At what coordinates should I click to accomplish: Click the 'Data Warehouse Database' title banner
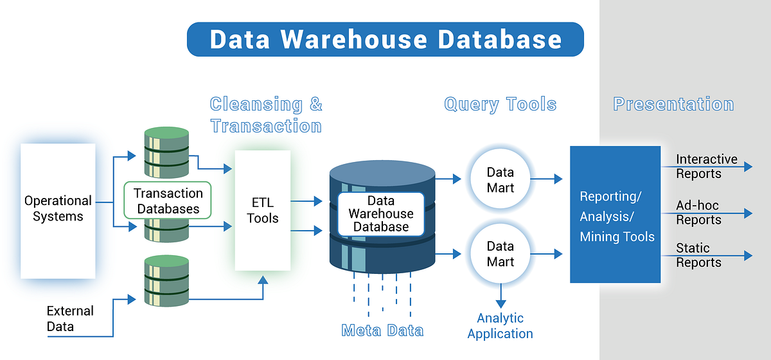point(385,39)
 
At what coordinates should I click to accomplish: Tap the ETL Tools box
point(263,210)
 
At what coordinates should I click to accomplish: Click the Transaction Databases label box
point(168,201)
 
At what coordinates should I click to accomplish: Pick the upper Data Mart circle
point(500,179)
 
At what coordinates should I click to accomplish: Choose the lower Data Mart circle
point(500,253)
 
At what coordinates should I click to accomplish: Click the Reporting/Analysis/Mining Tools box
point(615,215)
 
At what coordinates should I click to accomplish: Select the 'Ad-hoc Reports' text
point(698,213)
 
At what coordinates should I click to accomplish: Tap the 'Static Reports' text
point(698,255)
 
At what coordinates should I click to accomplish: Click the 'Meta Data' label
point(382,330)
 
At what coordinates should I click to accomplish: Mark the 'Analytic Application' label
point(500,326)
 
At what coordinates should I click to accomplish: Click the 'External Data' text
point(70,319)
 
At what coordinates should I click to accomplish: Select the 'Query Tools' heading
point(500,104)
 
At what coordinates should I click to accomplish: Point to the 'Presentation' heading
point(673,104)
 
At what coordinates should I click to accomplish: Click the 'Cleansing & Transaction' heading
point(266,115)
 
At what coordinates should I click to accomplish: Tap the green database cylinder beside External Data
point(166,280)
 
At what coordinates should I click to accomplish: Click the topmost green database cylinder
point(166,152)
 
